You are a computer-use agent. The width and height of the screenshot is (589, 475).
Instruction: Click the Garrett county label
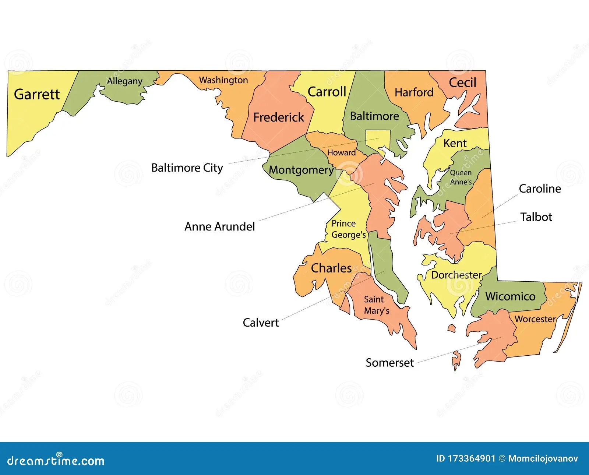36,94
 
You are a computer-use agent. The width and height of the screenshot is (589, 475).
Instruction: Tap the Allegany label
124,81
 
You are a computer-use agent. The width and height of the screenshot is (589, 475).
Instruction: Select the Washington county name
223,80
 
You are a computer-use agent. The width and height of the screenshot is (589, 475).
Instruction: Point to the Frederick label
278,117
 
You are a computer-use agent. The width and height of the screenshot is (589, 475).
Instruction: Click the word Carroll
327,92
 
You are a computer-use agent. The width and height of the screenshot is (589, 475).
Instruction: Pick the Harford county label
414,92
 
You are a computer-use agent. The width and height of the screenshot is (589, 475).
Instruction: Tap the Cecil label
462,82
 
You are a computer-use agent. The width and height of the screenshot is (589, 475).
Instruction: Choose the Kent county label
455,143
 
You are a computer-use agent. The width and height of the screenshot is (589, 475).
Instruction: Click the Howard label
341,152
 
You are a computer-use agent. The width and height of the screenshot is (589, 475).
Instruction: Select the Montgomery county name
301,170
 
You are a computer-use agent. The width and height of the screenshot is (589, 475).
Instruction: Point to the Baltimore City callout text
187,168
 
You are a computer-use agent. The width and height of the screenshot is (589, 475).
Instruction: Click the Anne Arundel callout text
219,226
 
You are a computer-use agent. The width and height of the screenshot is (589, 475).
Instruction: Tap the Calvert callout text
261,323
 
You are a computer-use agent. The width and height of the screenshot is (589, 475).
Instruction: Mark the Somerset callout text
389,363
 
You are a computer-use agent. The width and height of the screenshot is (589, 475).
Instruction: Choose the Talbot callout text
536,217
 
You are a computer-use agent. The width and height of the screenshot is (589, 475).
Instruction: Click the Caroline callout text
540,189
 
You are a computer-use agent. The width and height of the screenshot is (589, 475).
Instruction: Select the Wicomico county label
510,296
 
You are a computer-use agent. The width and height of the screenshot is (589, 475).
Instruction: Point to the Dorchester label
456,275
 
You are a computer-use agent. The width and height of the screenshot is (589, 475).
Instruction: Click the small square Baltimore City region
378,140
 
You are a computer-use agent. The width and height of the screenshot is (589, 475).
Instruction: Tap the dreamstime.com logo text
56,461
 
